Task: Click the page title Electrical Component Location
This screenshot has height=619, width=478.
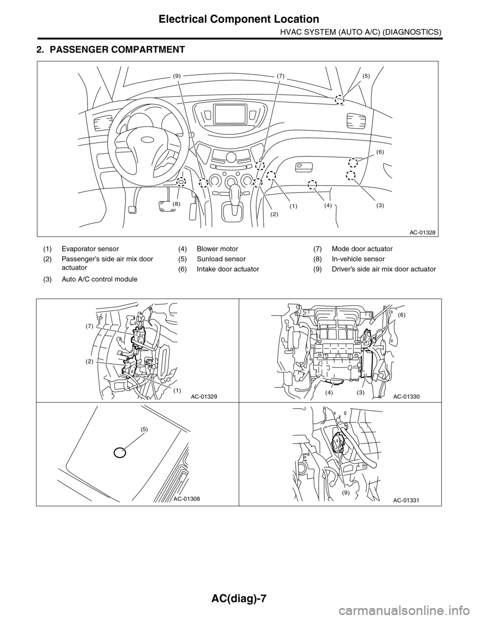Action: tap(239, 19)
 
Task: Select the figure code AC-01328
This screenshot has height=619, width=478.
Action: tap(423, 232)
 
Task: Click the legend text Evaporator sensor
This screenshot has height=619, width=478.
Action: tap(90, 249)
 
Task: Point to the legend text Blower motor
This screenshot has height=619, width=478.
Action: tap(218, 249)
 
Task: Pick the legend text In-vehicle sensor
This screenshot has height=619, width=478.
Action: tap(358, 259)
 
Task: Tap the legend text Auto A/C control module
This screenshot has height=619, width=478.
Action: tap(100, 279)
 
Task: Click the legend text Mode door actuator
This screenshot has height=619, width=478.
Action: tap(362, 249)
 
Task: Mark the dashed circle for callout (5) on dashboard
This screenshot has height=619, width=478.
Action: tap(340, 100)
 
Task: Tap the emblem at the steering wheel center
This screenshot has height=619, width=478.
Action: tap(147, 140)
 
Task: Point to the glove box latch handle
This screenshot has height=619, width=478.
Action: tap(304, 167)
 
